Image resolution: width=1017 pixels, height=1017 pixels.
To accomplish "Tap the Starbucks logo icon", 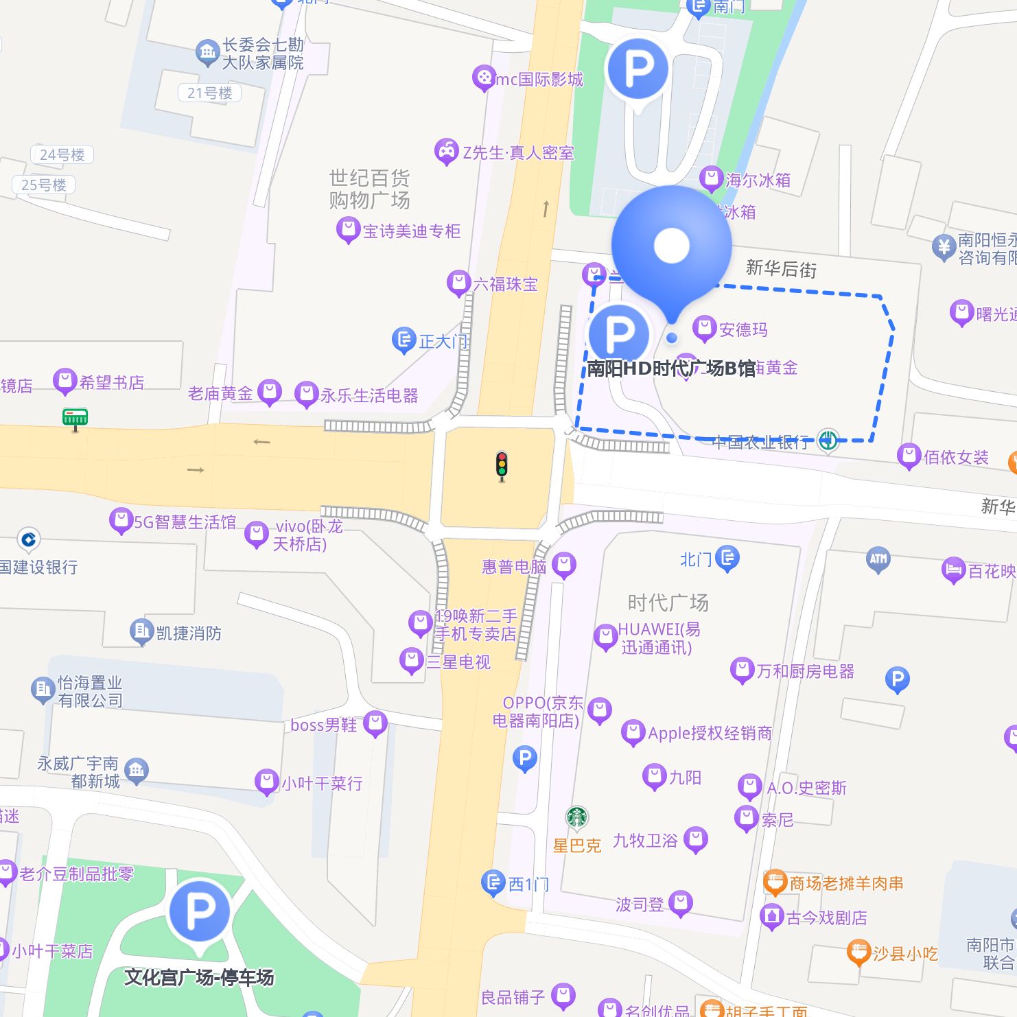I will tap(577, 817).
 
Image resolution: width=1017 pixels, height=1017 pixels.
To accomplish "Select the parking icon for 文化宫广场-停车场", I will tap(199, 911).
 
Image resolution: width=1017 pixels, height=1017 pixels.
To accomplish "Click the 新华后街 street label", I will tap(781, 268).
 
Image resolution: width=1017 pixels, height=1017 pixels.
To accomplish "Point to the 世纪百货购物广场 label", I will tap(369, 189).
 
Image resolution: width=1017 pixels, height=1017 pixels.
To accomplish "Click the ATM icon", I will tap(878, 559).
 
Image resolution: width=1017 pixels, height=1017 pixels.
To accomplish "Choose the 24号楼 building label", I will tap(62, 155).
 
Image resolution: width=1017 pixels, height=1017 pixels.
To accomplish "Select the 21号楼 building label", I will tap(210, 93).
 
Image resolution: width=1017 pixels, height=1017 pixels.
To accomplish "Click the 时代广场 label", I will tap(668, 603).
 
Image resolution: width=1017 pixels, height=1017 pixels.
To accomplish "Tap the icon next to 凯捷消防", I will tap(141, 631).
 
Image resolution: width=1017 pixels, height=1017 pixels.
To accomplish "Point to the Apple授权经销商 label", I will tap(710, 733).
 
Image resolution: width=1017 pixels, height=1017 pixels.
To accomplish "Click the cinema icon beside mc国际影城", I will tap(484, 78).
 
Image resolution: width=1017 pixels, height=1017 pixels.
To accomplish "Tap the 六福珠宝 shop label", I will tap(505, 284).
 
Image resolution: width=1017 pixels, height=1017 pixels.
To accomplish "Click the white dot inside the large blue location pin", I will tap(671, 246).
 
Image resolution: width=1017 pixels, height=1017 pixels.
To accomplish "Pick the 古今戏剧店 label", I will tap(826, 917).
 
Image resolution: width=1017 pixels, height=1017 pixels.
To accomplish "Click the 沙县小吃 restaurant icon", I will tap(858, 952).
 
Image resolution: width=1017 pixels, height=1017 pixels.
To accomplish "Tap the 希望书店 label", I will tap(112, 382).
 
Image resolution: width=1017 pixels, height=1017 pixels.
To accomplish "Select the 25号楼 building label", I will tap(44, 185).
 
